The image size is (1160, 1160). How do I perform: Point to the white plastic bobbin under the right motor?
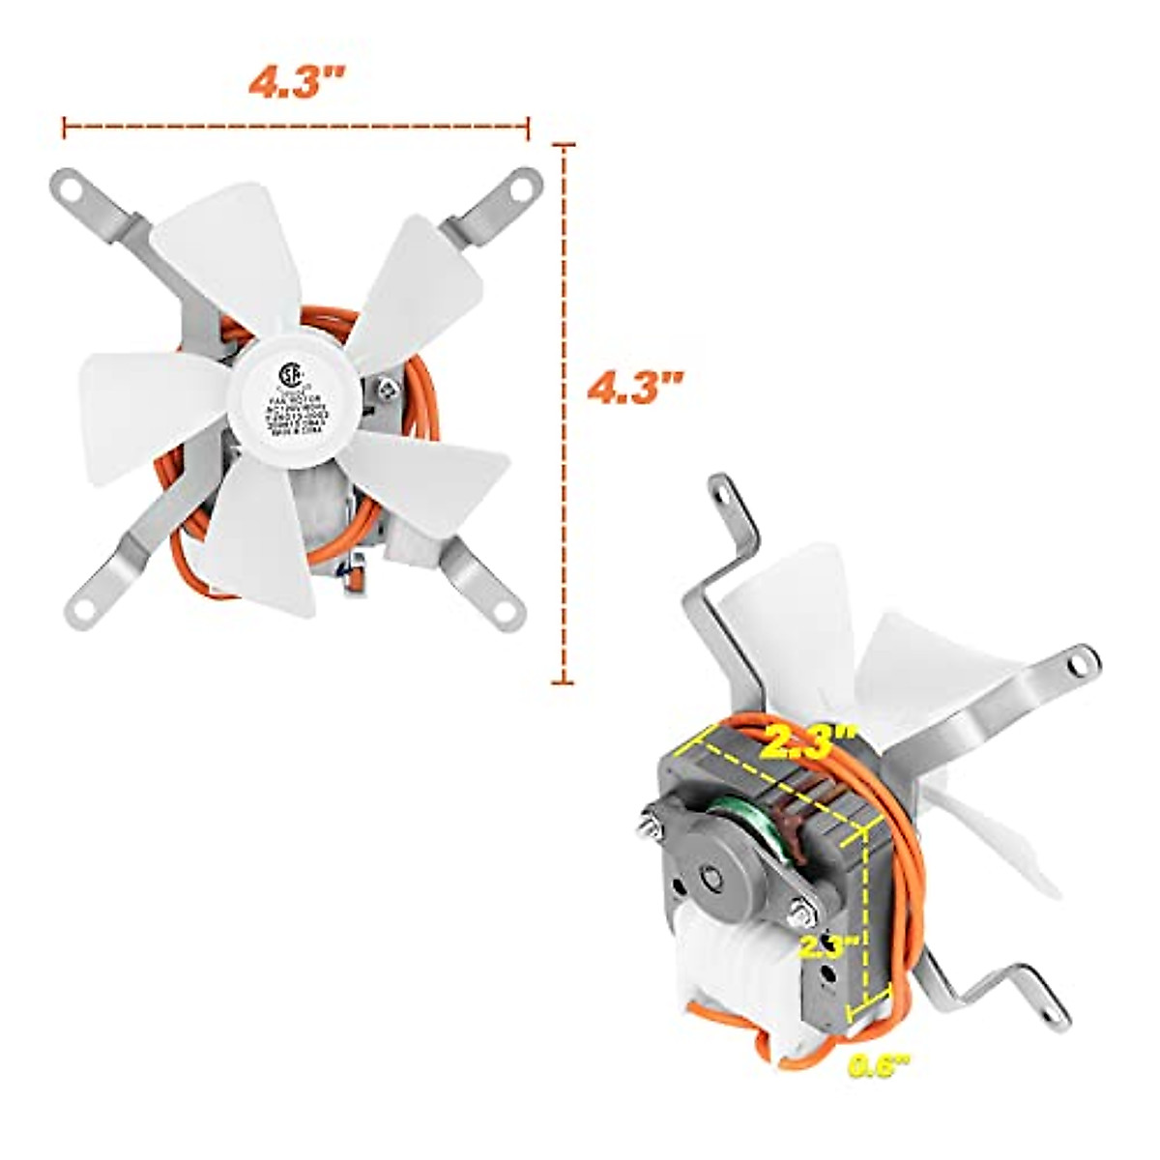coord(735,976)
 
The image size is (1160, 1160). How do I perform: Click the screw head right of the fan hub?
coord(388,391)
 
